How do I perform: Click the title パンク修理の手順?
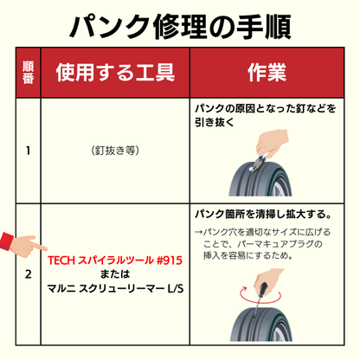click(180, 27)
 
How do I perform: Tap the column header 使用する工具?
click(115, 73)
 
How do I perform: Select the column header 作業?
click(267, 73)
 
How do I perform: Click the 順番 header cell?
click(28, 73)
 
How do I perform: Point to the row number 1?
click(28, 151)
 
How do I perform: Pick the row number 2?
click(28, 274)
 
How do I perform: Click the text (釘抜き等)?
click(115, 151)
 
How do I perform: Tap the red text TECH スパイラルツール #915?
click(115, 260)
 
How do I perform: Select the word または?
click(115, 274)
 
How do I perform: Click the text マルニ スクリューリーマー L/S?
click(115, 288)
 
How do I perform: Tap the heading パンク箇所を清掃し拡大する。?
click(263, 214)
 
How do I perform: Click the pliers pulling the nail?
click(258, 164)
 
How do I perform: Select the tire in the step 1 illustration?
click(260, 179)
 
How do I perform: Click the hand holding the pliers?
click(271, 144)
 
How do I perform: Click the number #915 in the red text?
click(170, 260)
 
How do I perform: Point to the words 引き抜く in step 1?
click(214, 122)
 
